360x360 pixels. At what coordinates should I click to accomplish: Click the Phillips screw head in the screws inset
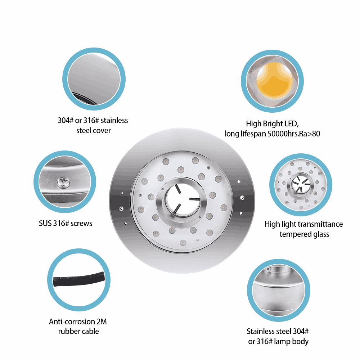click(63, 182)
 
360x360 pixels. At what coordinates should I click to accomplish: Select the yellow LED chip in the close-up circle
click(273, 81)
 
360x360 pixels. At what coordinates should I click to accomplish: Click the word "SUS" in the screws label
click(45, 224)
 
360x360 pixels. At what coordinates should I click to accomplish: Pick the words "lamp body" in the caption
click(291, 342)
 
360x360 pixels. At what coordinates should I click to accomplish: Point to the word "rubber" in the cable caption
click(67, 332)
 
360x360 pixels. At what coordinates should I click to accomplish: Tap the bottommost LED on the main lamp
click(183, 243)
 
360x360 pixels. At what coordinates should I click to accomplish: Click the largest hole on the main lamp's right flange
click(242, 197)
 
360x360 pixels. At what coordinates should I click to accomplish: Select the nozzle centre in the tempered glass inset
click(301, 184)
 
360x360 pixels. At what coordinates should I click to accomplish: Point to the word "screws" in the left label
click(81, 224)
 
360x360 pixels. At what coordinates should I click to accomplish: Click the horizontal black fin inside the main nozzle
click(194, 199)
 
